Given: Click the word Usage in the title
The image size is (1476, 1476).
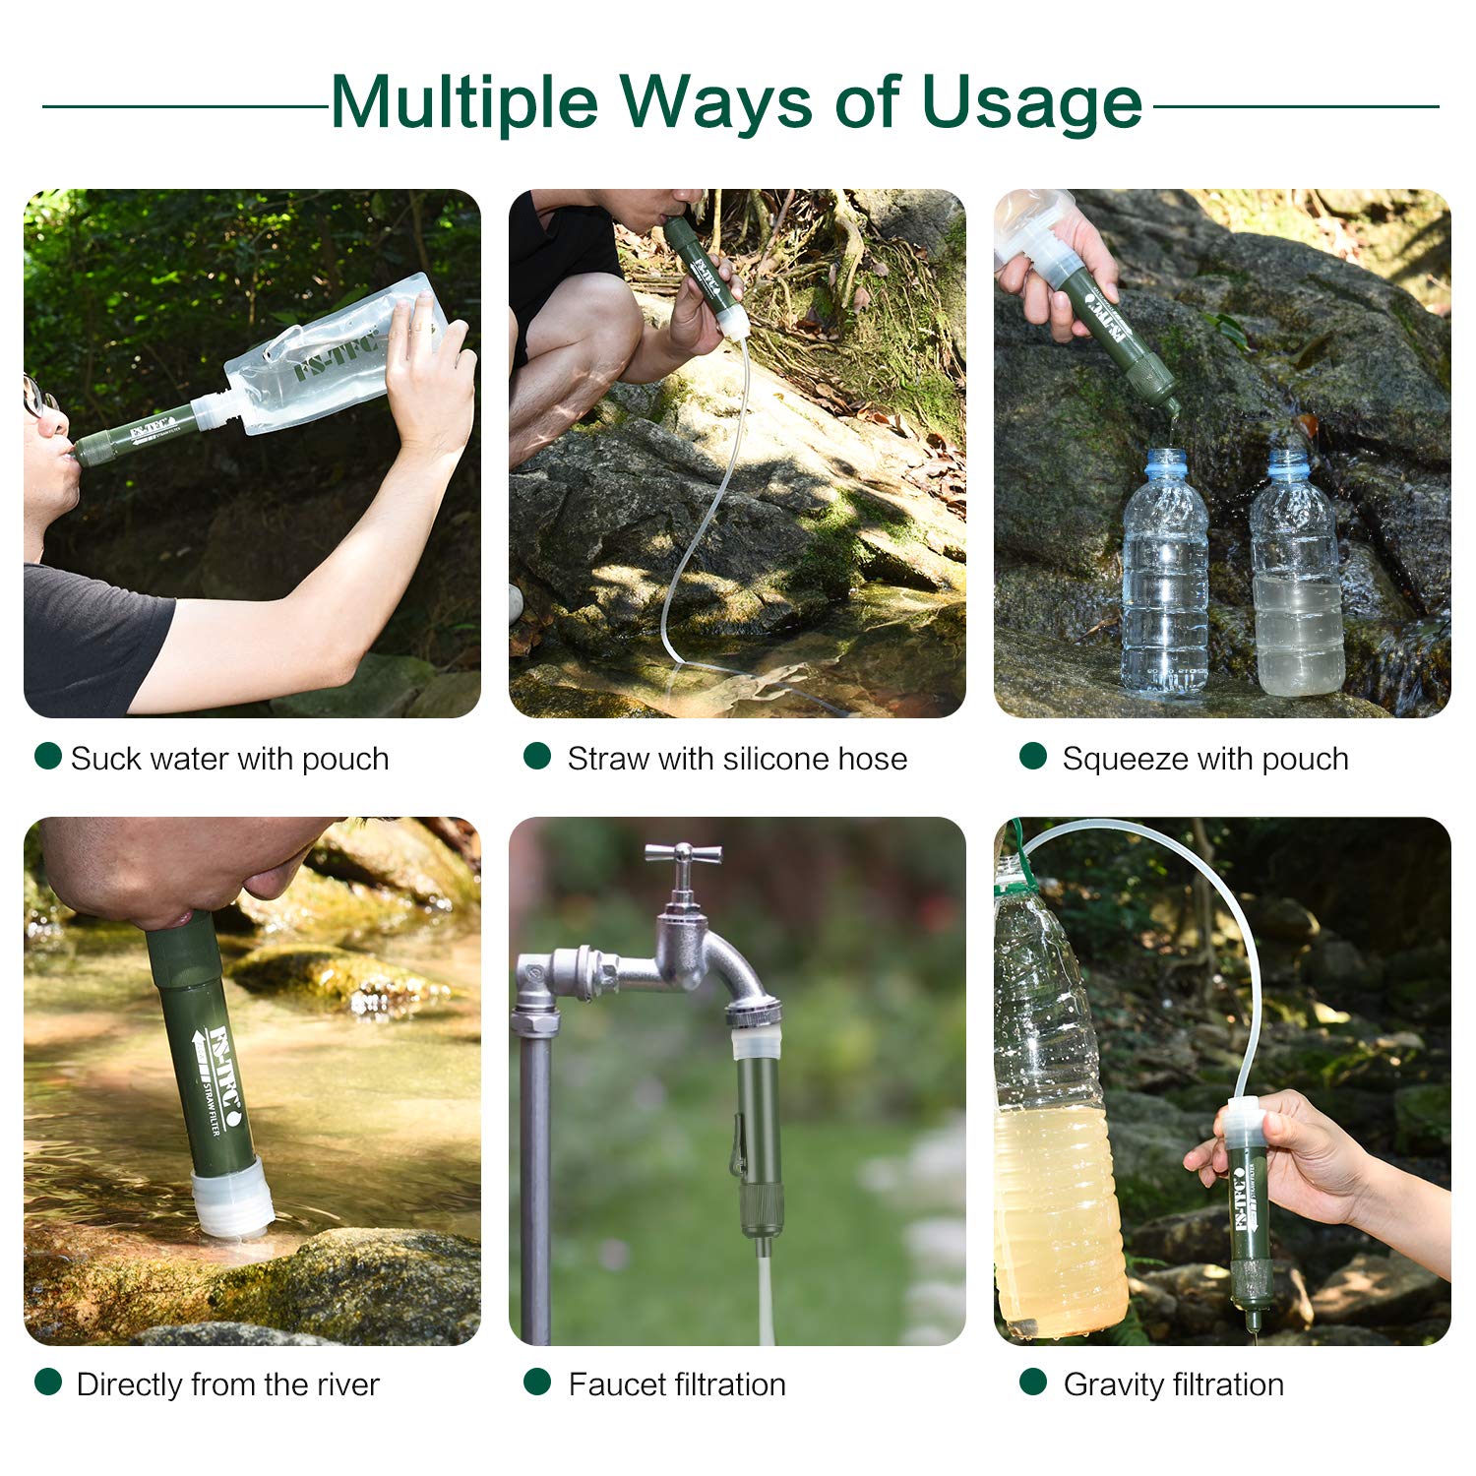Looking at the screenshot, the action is [1032, 102].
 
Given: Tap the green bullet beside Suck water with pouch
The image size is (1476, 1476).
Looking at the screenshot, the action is [47, 756].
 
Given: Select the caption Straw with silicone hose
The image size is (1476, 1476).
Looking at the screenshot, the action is [737, 759].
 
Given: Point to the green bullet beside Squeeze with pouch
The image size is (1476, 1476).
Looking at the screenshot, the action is [1033, 756].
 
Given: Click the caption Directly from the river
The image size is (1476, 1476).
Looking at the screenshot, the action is [227, 1384].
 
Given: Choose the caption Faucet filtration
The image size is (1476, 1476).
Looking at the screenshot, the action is [677, 1384].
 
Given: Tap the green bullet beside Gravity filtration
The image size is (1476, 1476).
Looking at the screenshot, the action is [1033, 1382].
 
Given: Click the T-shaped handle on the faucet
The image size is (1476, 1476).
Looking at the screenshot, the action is [683, 854].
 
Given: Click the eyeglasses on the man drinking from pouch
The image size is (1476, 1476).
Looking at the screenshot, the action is [37, 396].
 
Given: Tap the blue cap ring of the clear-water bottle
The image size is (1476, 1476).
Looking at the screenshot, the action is [1167, 463].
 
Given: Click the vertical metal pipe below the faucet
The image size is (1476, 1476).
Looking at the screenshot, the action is [534, 1181].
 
